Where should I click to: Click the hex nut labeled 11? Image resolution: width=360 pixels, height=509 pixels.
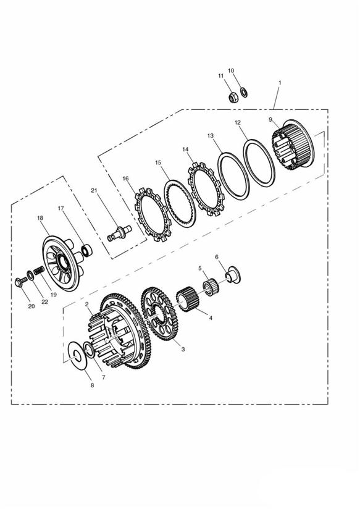click(x=232, y=97)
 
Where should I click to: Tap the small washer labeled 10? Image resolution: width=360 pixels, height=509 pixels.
click(x=243, y=92)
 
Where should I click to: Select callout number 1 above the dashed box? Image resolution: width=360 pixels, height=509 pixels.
click(x=280, y=83)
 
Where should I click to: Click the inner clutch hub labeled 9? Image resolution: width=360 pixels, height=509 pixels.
click(x=293, y=145)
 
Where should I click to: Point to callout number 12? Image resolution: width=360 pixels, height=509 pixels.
click(x=238, y=122)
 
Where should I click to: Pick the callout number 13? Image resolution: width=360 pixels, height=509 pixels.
click(x=211, y=135)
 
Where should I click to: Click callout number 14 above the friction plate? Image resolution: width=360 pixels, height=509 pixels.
click(x=185, y=149)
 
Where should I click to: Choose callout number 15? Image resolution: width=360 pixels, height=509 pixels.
click(x=158, y=162)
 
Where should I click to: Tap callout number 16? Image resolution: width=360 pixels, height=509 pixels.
click(x=125, y=179)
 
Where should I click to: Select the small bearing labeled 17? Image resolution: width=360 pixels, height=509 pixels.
click(x=86, y=251)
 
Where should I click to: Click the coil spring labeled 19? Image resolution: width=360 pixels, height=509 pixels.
click(x=39, y=270)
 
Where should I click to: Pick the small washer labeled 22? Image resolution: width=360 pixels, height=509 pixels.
click(x=30, y=276)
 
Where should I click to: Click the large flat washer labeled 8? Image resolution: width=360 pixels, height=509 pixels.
click(x=77, y=355)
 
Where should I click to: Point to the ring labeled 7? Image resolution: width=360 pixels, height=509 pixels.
click(x=90, y=350)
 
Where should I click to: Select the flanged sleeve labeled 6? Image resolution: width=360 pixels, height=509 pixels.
click(x=233, y=275)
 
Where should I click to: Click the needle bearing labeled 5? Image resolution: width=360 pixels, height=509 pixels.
click(x=211, y=287)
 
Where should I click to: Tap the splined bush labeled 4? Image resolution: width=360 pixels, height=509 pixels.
click(x=189, y=298)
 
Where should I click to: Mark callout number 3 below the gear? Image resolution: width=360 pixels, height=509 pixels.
click(x=183, y=349)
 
